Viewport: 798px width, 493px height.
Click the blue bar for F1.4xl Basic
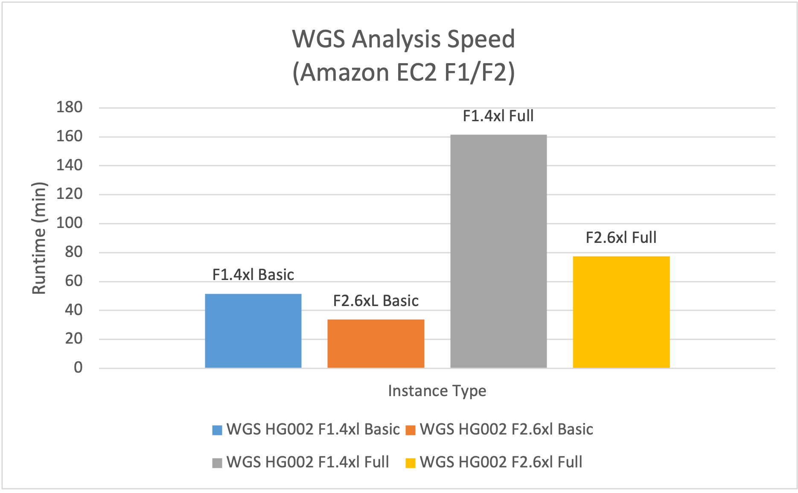point(253,331)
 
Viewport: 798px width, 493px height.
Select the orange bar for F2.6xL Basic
point(376,344)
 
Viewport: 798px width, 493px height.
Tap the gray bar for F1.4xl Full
point(498,252)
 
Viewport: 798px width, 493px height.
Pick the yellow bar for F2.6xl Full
point(621,312)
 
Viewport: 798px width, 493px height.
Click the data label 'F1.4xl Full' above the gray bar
point(498,116)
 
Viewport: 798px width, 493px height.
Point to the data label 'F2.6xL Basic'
point(376,301)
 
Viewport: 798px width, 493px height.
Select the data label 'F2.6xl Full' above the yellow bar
point(621,238)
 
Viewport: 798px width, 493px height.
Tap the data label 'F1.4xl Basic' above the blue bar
point(253,275)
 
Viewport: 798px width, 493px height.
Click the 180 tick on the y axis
point(70,108)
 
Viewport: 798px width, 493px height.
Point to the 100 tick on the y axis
point(70,223)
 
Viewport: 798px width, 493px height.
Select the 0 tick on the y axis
point(78,368)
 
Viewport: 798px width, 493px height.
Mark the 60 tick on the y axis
point(74,281)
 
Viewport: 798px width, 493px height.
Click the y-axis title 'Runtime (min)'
point(39,238)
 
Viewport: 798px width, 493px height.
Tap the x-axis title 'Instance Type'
point(437,391)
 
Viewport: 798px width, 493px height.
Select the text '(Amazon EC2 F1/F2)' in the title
point(403,73)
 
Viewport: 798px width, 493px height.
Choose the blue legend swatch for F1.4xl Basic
point(217,430)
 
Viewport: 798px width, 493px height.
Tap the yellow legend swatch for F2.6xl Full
point(411,463)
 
